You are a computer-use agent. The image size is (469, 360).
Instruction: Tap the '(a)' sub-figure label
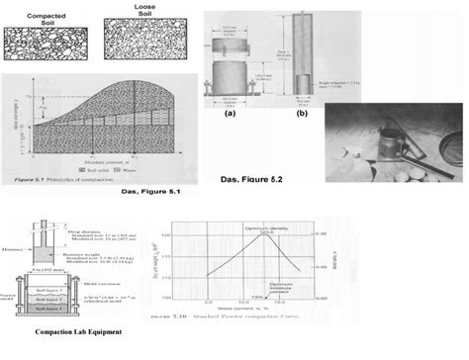pos(230,114)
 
